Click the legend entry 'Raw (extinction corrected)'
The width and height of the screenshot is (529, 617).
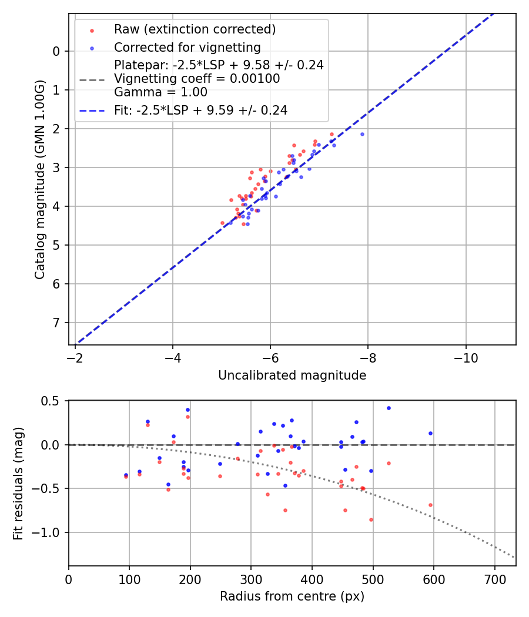tap(195, 29)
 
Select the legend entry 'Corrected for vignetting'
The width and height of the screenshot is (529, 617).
tap(187, 47)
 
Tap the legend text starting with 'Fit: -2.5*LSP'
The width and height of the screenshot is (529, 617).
tap(200, 110)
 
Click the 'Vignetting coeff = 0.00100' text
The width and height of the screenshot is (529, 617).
tap(197, 79)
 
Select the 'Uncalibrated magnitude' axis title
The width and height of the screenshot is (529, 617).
tap(292, 375)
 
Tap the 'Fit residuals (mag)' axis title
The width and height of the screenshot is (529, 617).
tap(18, 482)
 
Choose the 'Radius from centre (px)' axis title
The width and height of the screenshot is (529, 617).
tap(292, 596)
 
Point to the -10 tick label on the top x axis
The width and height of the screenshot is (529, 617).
tap(466, 357)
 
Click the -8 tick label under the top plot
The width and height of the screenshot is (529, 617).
tap(368, 357)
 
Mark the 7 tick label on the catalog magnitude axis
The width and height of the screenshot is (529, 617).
tap(56, 323)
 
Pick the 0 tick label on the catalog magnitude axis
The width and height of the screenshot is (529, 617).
tap(56, 51)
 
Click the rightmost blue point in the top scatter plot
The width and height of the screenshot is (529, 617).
tap(362, 134)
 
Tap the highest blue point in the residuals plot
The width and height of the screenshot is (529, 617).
tap(389, 408)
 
